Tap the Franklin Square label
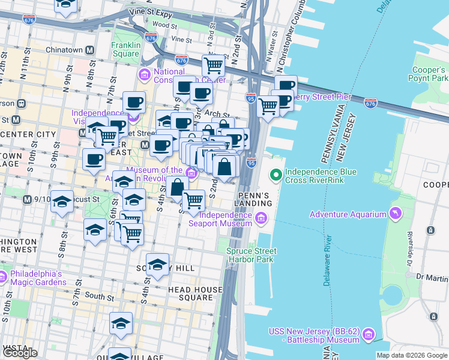(125, 49)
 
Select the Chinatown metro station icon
(90, 50)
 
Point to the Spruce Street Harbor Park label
(250, 255)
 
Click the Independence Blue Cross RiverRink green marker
(276, 175)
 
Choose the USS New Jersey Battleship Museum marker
(369, 333)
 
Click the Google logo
(20, 353)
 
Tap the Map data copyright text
(412, 355)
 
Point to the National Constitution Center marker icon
(144, 75)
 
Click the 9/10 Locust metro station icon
(26, 199)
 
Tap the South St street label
(98, 296)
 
